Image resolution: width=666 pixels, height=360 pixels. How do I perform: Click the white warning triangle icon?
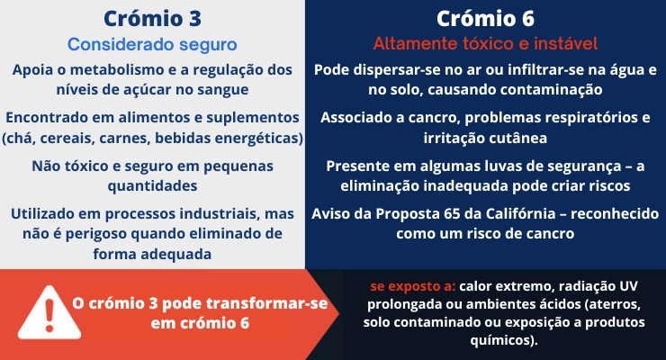click(x=49, y=313)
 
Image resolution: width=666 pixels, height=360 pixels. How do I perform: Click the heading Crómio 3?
click(x=152, y=19)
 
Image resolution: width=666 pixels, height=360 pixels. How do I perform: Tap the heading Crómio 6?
click(x=485, y=19)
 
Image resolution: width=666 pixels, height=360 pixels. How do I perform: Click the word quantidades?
click(x=152, y=186)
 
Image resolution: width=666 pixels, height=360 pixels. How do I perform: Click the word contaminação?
click(x=552, y=90)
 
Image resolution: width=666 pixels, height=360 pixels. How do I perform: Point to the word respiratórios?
click(x=589, y=118)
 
